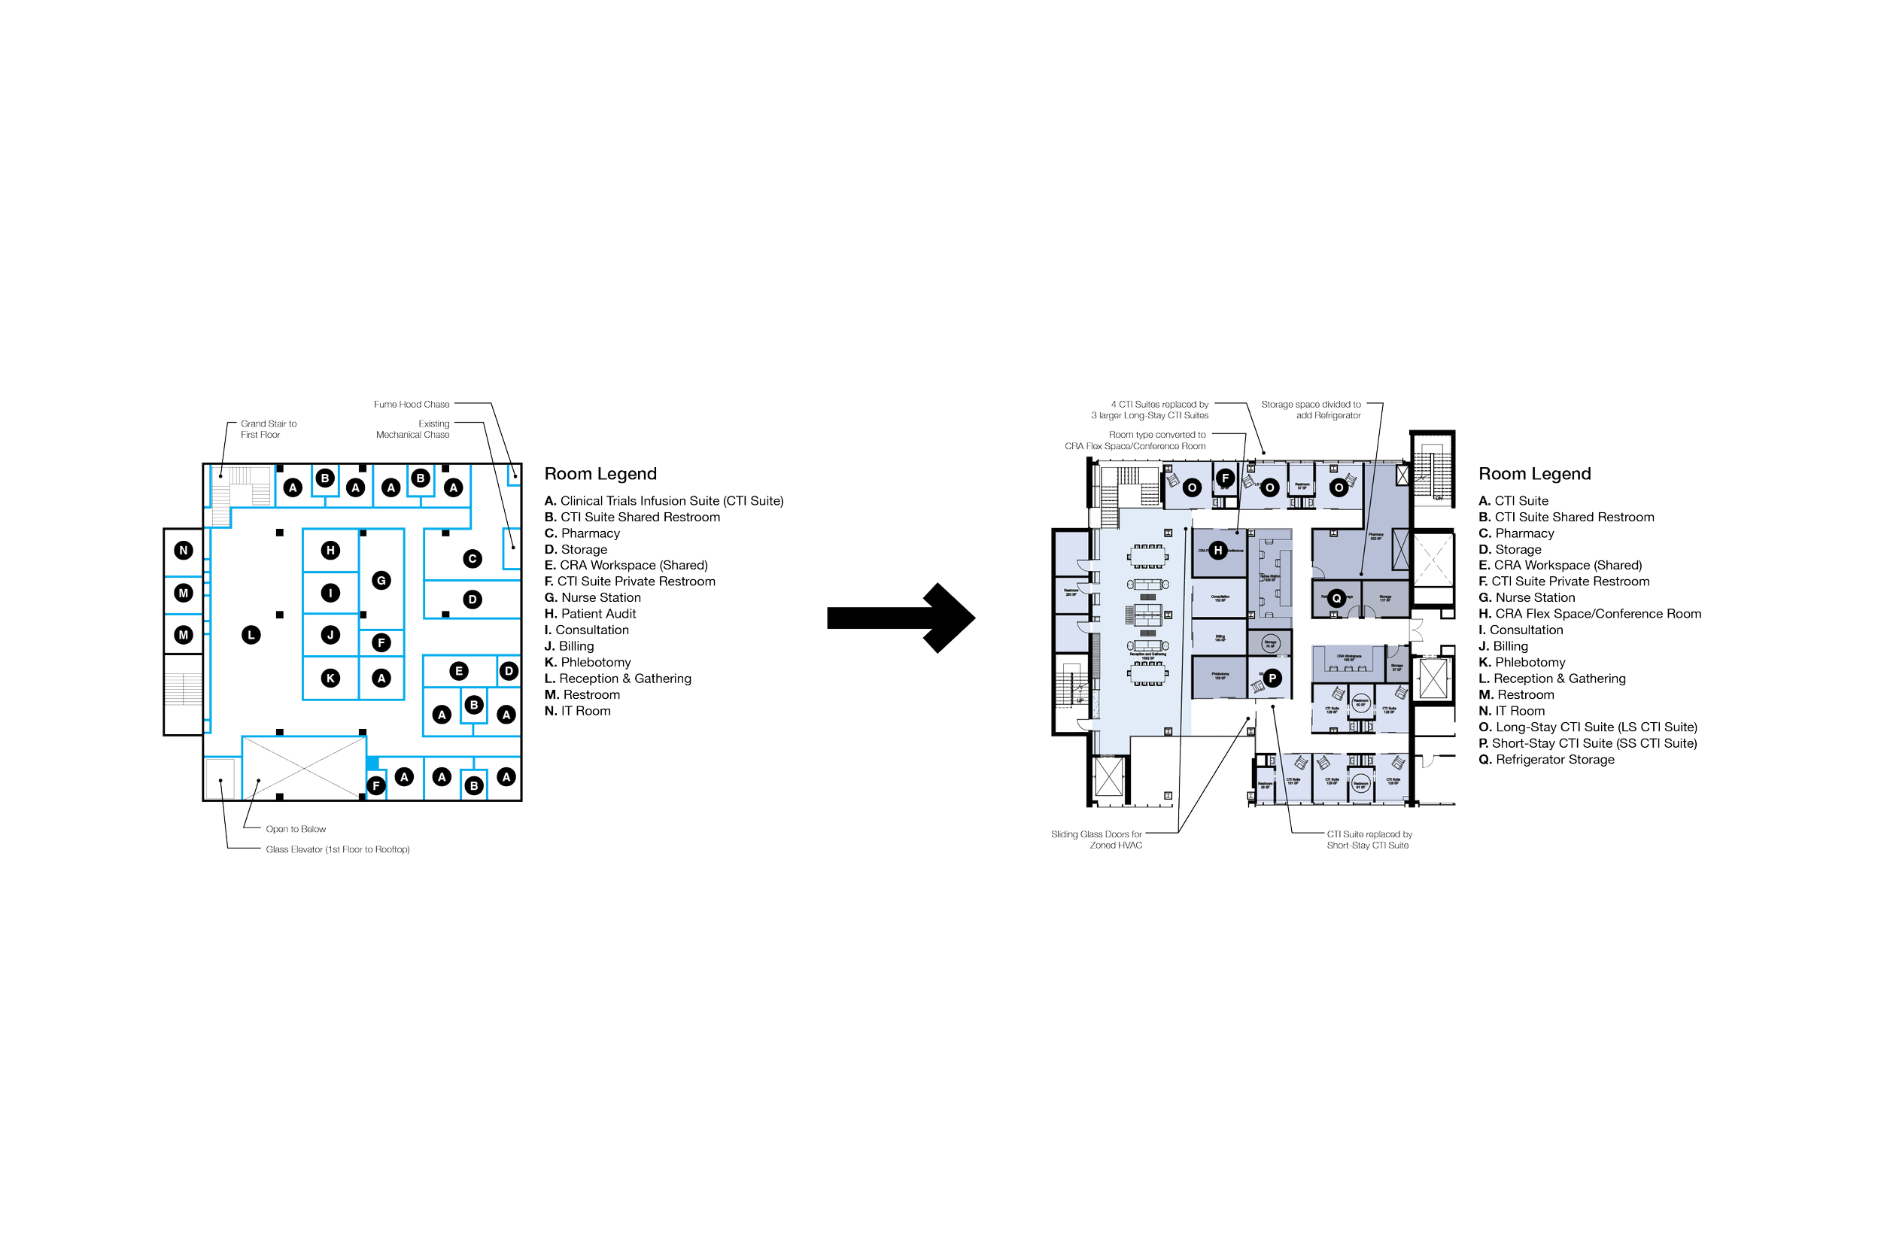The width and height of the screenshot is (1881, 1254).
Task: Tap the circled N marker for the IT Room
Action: click(x=184, y=550)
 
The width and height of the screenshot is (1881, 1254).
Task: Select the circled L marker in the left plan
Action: click(x=251, y=635)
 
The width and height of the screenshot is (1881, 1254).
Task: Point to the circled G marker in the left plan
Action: click(x=381, y=581)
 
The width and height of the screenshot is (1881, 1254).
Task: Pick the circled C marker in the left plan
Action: click(x=473, y=558)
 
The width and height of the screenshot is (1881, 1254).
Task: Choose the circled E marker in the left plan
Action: click(x=459, y=670)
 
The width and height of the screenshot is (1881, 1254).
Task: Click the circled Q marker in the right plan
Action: click(x=1336, y=598)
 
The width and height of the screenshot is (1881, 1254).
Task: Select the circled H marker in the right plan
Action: click(x=1218, y=550)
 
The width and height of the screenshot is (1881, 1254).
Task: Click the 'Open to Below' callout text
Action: click(x=296, y=829)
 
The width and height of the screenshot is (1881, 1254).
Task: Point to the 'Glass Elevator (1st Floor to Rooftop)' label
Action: click(x=338, y=849)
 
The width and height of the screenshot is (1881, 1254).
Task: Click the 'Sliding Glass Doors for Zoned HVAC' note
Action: click(x=1096, y=840)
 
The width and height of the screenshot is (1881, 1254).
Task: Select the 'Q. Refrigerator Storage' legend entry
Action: click(x=1547, y=760)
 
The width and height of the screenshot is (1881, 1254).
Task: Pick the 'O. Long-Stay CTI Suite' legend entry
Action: click(x=1588, y=727)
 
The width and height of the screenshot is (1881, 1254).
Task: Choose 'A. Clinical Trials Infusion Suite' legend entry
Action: click(x=664, y=502)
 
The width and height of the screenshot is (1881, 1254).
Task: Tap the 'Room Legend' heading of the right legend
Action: click(x=1534, y=474)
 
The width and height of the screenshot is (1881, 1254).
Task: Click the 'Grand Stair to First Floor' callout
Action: click(x=269, y=430)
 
